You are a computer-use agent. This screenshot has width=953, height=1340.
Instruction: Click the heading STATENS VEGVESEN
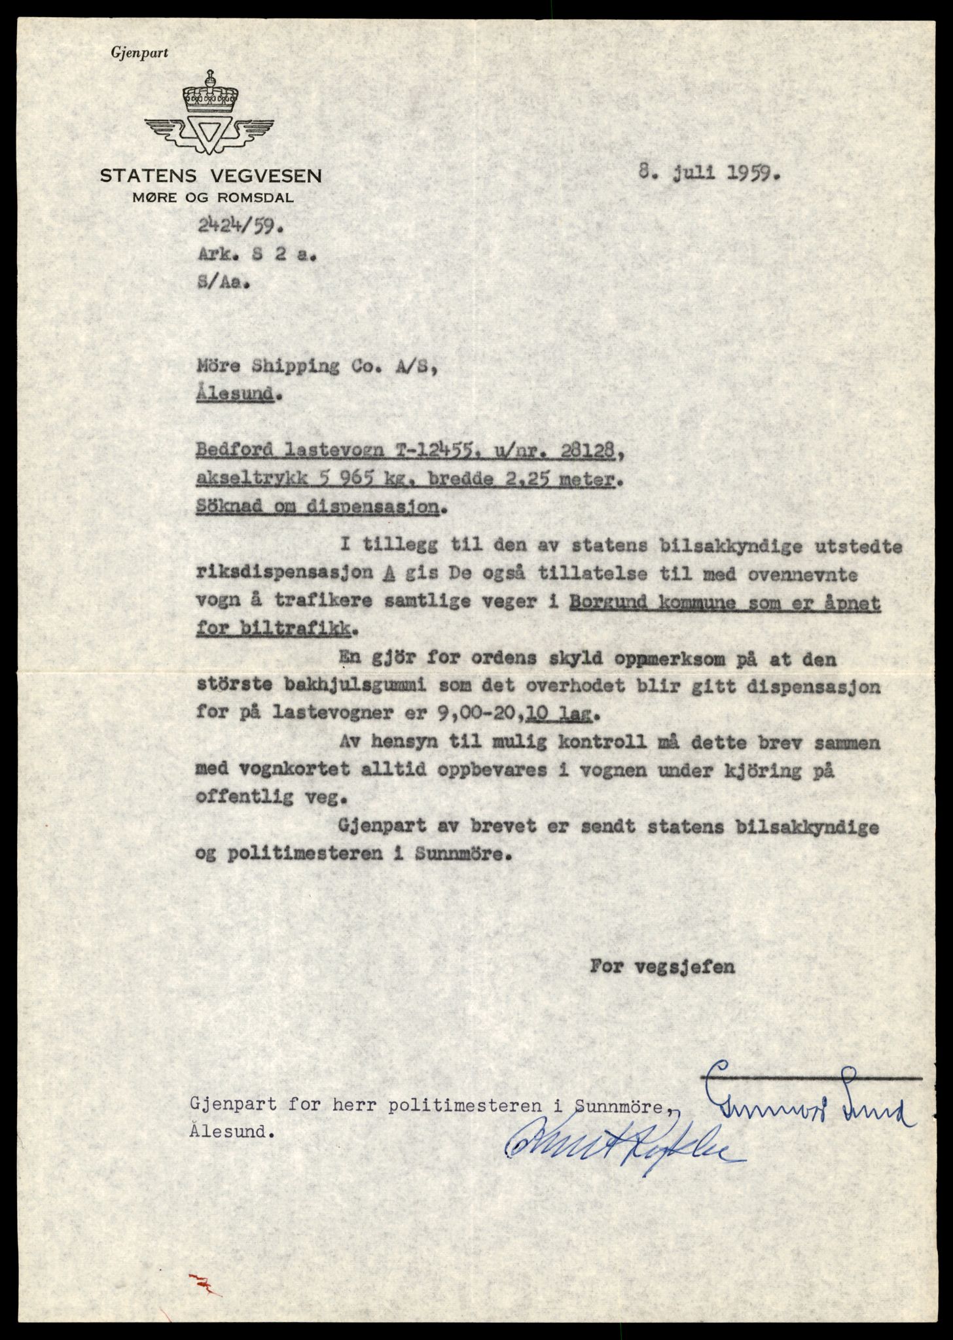point(210,175)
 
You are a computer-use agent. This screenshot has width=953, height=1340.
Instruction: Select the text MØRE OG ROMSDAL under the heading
point(212,198)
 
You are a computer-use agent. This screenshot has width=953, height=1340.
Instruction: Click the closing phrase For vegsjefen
point(662,966)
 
